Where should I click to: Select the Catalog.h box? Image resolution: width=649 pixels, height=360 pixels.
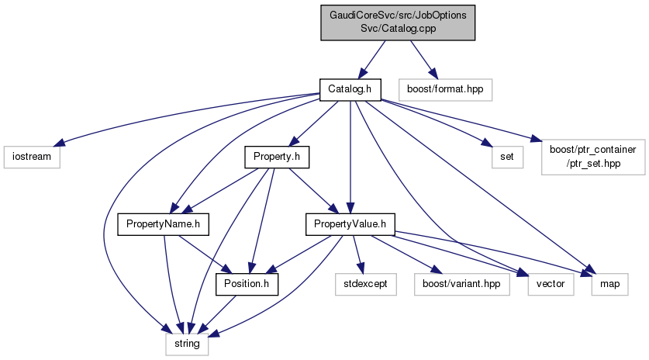(x=350, y=89)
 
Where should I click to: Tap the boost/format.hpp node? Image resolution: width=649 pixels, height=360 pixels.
(x=444, y=89)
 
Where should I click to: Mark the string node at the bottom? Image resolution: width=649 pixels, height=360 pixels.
(x=186, y=341)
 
